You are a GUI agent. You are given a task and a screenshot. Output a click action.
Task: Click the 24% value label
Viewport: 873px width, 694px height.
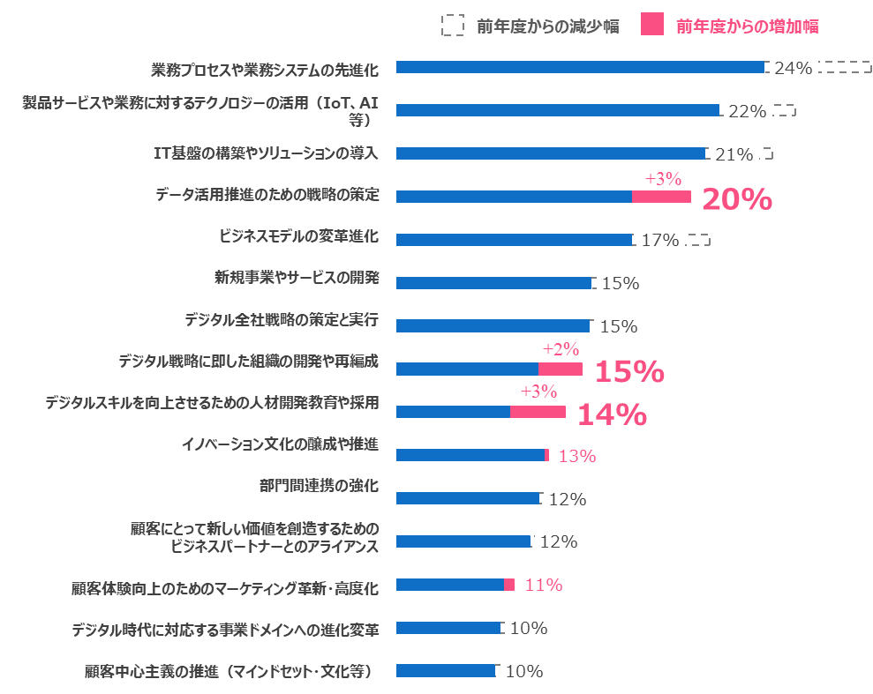point(793,68)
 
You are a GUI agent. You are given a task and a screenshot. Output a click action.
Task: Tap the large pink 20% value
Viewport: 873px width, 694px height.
point(737,199)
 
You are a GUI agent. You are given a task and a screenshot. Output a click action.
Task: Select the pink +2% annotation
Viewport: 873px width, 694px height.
point(561,348)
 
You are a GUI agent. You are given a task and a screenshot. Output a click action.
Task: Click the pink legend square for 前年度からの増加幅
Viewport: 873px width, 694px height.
point(653,26)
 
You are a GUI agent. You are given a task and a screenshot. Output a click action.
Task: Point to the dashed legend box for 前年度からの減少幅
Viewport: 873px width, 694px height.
point(453,26)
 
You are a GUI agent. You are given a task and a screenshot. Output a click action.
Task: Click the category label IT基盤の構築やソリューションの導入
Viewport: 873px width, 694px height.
point(266,153)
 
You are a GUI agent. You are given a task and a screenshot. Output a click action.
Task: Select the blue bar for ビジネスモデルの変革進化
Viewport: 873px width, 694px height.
point(514,240)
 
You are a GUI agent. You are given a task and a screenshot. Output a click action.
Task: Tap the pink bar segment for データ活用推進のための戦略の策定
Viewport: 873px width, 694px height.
point(660,197)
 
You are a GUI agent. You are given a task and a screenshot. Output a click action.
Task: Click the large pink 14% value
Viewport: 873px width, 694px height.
point(612,414)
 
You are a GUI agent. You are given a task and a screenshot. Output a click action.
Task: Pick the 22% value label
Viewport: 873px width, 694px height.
point(747,111)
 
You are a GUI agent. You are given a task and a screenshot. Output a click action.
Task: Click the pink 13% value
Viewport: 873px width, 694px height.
point(577,456)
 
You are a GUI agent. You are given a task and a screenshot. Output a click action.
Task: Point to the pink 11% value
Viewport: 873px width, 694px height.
point(543,585)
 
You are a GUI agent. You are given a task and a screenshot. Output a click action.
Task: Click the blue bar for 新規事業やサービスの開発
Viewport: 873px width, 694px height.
point(494,283)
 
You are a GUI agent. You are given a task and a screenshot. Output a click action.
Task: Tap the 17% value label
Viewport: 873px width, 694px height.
point(660,240)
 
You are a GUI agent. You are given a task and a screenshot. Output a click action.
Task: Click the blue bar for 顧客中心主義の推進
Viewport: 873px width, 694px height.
point(446,671)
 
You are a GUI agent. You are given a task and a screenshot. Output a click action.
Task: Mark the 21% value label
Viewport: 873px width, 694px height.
point(734,155)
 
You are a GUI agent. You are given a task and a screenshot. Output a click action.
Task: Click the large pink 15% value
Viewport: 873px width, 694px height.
point(629,371)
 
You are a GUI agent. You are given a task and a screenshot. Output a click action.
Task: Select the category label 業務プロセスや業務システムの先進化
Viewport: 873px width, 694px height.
point(265,69)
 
